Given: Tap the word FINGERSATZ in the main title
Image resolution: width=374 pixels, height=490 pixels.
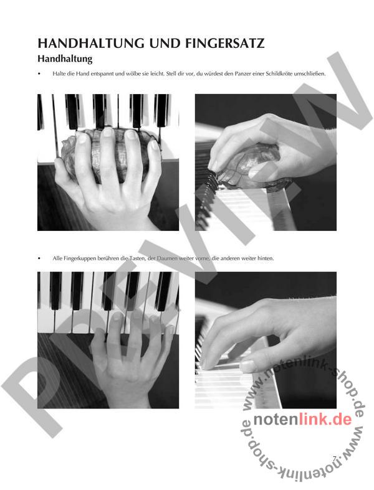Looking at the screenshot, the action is pos(225,43).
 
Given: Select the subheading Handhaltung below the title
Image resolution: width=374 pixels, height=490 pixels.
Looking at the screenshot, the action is pos(65,59).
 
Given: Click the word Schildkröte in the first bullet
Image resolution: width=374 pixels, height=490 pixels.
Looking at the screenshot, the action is pos(279,74).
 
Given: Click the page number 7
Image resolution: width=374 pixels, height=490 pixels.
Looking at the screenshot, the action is pos(335,458).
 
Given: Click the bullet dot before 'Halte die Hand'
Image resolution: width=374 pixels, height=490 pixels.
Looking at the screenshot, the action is pos(39,74).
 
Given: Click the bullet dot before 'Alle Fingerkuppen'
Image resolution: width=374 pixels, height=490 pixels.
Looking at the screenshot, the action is pos(39,259).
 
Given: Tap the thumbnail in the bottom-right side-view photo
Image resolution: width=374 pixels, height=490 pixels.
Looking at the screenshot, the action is pos(247,365).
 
